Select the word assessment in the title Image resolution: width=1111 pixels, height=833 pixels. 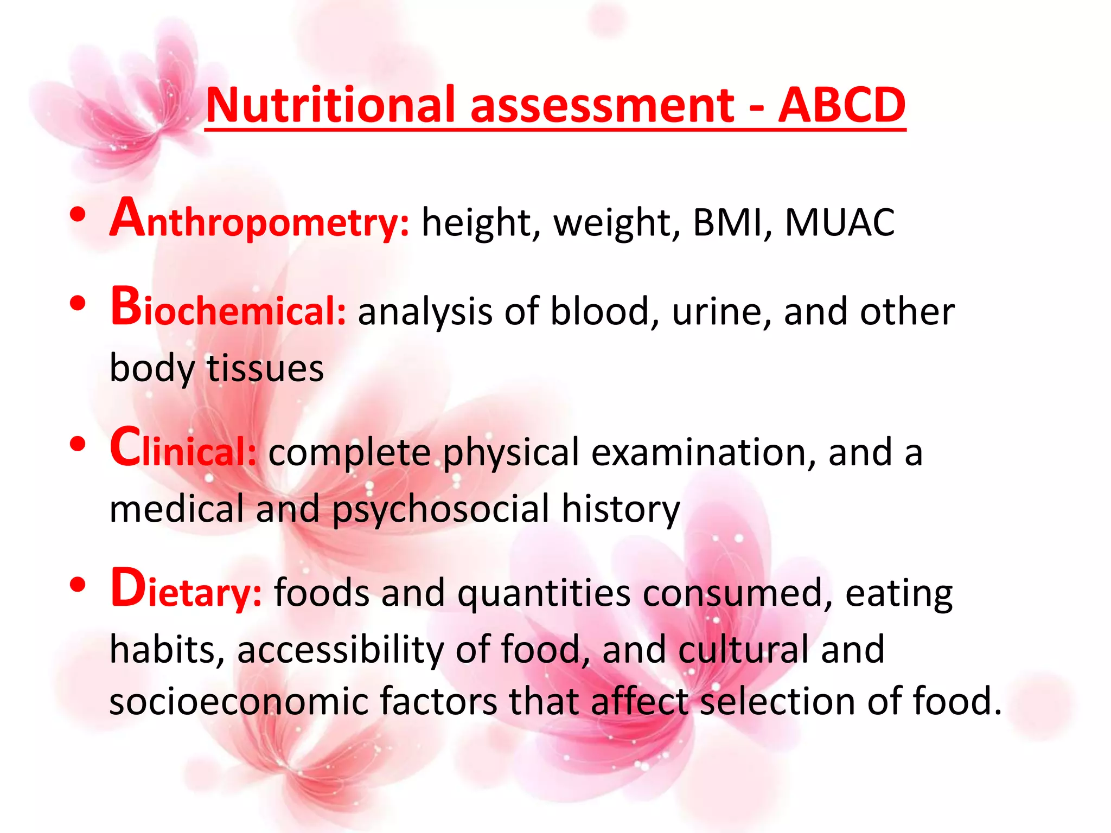pos(602,106)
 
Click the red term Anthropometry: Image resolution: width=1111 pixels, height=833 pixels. pos(260,220)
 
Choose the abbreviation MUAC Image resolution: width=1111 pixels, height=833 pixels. pos(840,222)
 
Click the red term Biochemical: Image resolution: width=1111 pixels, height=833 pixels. pos(228,309)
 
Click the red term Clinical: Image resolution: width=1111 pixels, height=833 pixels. pos(183,450)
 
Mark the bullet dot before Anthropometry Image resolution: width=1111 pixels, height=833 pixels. pos(78,215)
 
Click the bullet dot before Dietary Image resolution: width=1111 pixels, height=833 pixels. pos(78,585)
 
